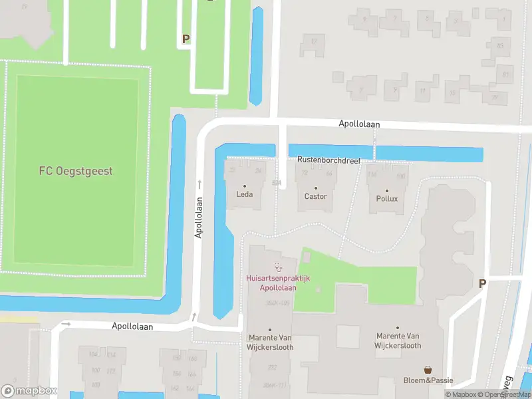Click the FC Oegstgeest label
click(x=75, y=171)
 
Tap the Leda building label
click(x=244, y=195)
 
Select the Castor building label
click(x=315, y=196)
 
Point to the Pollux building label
click(x=386, y=198)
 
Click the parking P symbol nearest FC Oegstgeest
click(x=186, y=39)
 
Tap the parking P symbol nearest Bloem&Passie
click(x=482, y=284)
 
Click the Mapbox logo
click(x=29, y=391)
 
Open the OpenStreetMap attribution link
click(x=504, y=395)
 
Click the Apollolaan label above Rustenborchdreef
click(x=358, y=124)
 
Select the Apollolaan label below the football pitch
click(x=132, y=327)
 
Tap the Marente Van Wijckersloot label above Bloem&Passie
click(x=398, y=340)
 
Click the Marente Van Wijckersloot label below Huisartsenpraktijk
click(x=270, y=342)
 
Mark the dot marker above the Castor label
click(x=315, y=188)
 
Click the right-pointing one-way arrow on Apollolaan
click(x=66, y=324)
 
